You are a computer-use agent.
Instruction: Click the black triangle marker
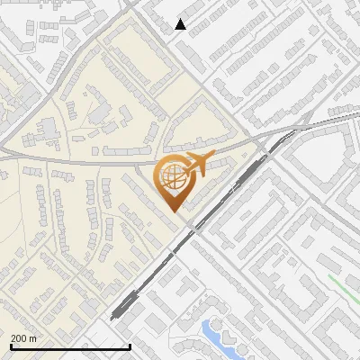click(181, 24)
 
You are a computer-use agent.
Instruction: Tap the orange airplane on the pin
click(194, 166)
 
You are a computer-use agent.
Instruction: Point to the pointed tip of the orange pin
click(173, 211)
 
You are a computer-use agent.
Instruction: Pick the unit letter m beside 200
click(33, 339)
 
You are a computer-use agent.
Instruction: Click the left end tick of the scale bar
click(11, 346)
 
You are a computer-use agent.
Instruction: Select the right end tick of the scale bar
click(130, 346)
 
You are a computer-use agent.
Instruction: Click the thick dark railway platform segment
click(126, 306)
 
